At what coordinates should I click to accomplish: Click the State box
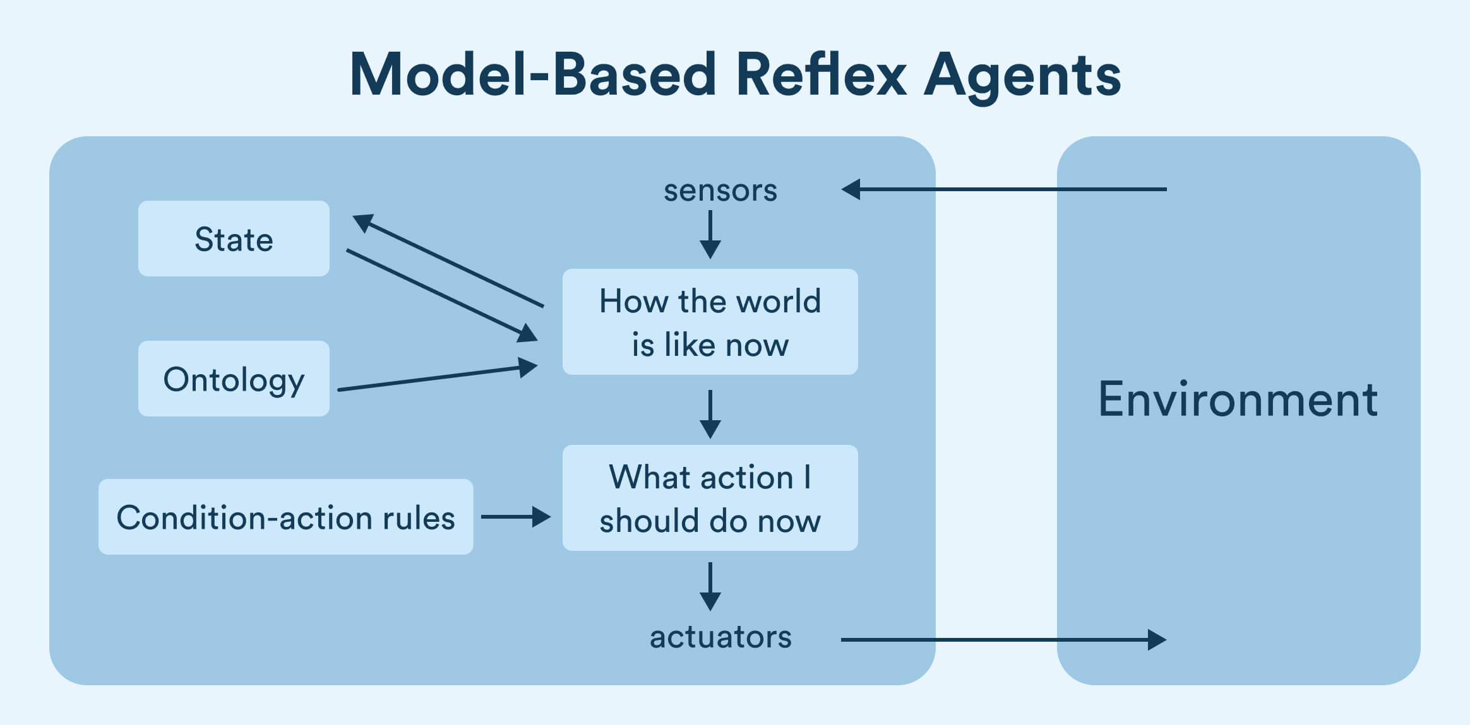point(234,239)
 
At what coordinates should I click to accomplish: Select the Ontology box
point(234,379)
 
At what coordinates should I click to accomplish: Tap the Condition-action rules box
point(285,517)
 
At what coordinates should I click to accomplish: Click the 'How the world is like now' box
point(710,322)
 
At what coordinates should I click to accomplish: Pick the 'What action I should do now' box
point(710,498)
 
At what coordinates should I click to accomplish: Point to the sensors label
point(720,190)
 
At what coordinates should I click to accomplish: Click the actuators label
point(720,637)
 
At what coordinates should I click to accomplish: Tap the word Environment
point(1238,399)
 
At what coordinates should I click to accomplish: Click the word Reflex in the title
point(821,74)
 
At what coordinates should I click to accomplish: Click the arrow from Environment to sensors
point(1004,189)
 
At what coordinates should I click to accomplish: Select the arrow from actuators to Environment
point(1004,640)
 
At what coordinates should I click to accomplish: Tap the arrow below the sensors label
point(710,234)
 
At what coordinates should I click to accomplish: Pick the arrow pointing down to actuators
point(710,586)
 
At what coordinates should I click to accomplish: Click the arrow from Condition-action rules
point(515,517)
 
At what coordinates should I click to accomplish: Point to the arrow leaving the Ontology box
point(436,378)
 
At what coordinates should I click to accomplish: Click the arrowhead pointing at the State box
point(363,222)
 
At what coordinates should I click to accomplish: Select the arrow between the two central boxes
point(710,414)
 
